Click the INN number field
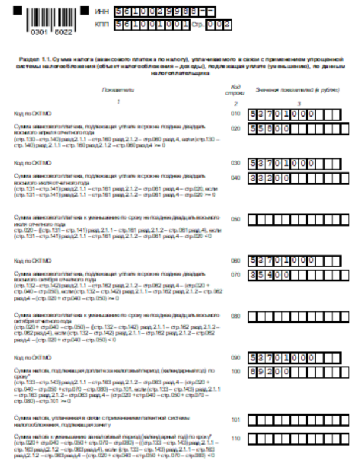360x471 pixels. click(165, 11)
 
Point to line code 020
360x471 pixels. click(235, 127)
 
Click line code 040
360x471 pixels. click(235, 177)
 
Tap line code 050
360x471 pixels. click(235, 220)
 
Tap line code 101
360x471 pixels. click(235, 420)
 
